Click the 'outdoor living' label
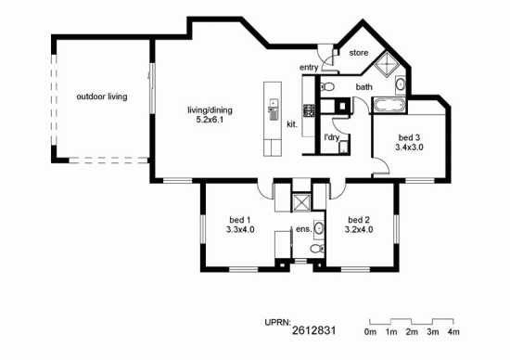[102, 96]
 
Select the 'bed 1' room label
[240, 225]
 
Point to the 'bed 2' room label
[358, 225]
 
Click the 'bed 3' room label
[409, 141]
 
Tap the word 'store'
[358, 54]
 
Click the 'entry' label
[309, 68]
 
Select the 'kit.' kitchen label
[291, 123]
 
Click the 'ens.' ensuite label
[302, 228]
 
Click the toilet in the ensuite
[316, 250]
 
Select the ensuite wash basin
[318, 228]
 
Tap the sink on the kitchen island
[273, 112]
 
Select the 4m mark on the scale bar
[453, 330]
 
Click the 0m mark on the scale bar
[371, 330]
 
